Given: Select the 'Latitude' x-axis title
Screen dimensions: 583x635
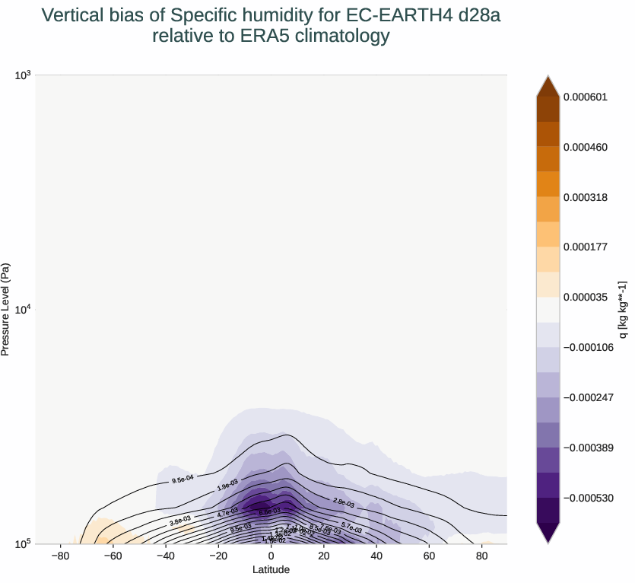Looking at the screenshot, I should [271, 569].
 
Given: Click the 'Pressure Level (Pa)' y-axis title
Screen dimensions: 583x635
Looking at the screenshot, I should [6, 310].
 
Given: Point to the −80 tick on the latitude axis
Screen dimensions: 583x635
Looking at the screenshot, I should [60, 556].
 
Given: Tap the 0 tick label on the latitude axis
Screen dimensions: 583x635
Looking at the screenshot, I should [271, 556].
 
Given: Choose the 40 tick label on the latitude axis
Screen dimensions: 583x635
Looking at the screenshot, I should [376, 556].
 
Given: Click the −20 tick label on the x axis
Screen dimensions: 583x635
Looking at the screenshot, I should [217, 556].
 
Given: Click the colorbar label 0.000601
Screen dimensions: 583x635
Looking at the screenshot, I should [586, 97].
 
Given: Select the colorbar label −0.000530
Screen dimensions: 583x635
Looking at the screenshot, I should [589, 498].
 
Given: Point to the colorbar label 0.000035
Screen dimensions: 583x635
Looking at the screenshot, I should [586, 298].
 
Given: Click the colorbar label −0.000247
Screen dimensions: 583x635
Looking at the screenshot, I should [589, 398].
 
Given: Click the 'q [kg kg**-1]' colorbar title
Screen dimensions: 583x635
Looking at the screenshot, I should [623, 310].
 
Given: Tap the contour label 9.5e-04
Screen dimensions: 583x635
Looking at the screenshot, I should [183, 479].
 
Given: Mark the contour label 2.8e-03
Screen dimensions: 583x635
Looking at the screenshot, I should [344, 502].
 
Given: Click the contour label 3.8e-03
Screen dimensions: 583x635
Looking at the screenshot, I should [180, 521].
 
